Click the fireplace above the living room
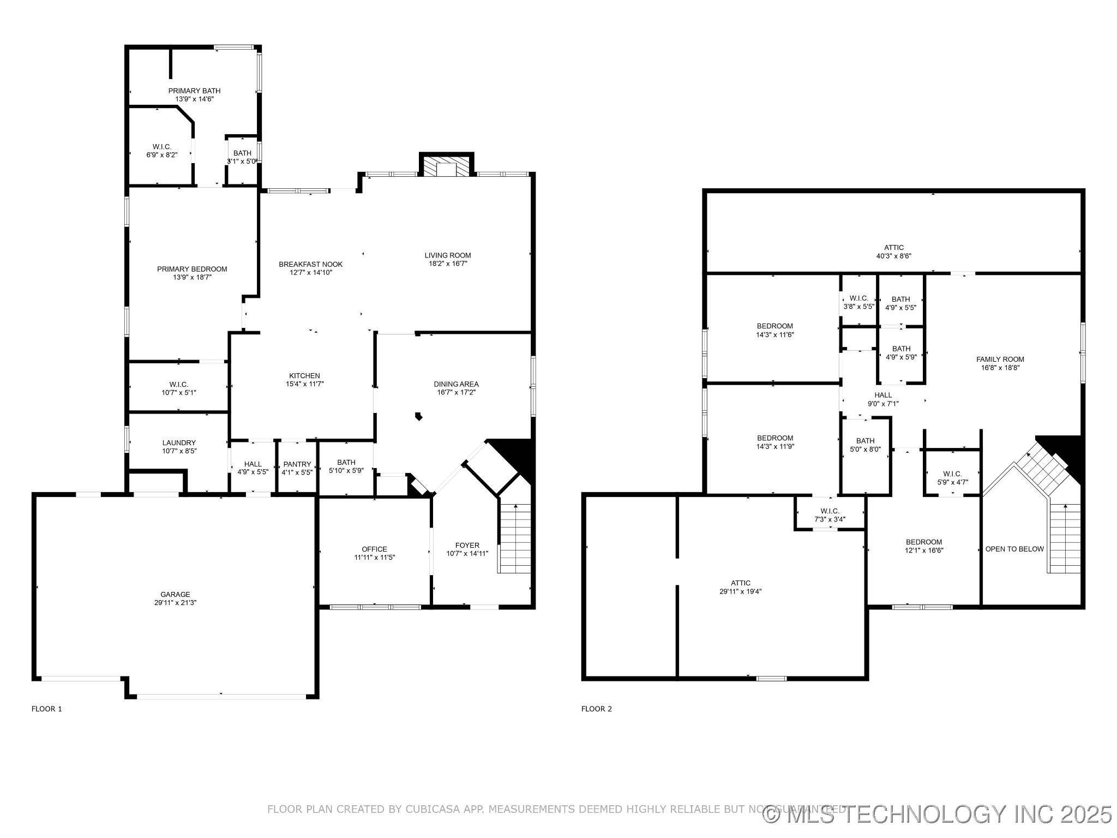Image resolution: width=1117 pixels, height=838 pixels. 446,167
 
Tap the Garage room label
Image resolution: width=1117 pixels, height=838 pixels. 175,595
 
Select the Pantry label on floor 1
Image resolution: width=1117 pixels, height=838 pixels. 297,464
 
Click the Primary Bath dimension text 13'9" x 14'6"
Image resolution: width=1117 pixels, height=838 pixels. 194,99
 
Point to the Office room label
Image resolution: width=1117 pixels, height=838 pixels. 374,549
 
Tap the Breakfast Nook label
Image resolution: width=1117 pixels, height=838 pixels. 310,264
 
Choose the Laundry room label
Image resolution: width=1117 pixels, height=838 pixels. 179,443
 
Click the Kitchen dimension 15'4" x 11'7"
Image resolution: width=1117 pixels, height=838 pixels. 304,384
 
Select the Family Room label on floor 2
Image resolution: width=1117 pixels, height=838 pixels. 1000,360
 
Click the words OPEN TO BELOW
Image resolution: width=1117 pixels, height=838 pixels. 1014,549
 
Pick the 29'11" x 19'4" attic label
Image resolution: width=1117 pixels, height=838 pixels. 741,591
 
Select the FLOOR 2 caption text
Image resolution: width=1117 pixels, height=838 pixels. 596,709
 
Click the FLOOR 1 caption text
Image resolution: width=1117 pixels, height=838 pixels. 47,709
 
